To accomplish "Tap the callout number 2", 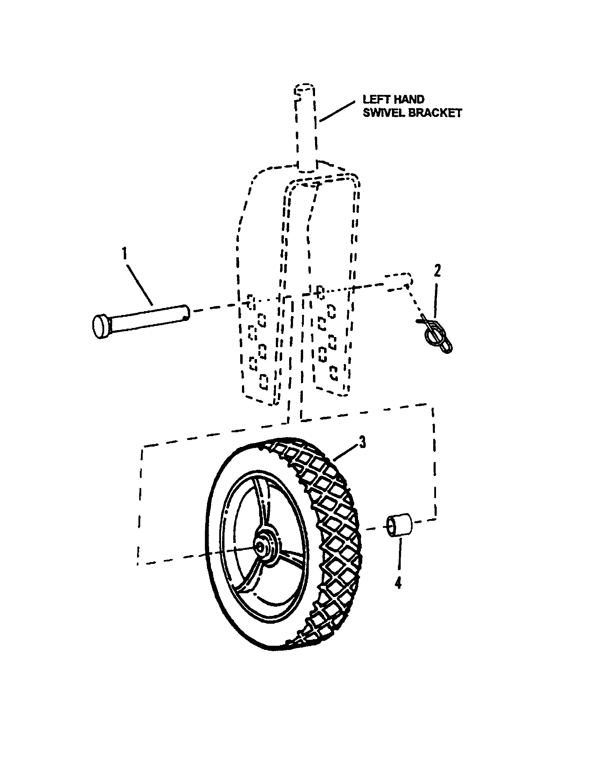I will click(437, 271).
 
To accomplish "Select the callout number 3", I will click(362, 442).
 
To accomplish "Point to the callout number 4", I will click(398, 583).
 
